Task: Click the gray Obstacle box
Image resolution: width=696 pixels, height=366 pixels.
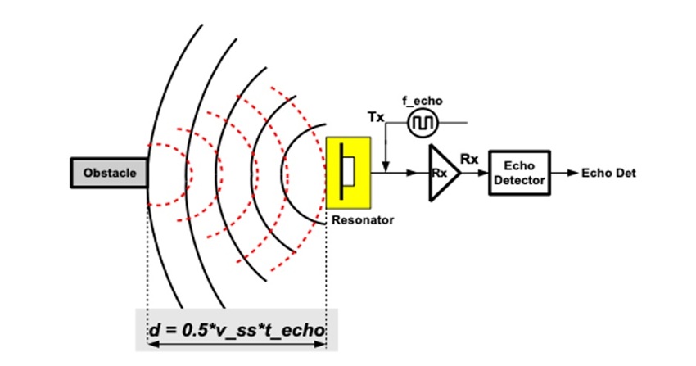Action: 109,173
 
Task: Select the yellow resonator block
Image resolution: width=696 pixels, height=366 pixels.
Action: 349,173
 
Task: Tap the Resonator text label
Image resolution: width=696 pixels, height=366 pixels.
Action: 363,220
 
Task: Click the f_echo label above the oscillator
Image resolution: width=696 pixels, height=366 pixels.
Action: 423,101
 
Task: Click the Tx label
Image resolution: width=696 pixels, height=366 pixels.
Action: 377,118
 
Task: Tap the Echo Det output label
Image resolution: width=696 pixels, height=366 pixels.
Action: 608,173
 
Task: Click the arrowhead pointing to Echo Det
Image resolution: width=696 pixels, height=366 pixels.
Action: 572,173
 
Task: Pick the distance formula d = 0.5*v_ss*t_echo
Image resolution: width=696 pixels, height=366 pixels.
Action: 237,330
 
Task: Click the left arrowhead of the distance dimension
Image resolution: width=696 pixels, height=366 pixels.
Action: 152,347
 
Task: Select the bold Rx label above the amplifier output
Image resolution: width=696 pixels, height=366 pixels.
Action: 469,159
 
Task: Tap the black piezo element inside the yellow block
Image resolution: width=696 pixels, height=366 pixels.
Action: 343,173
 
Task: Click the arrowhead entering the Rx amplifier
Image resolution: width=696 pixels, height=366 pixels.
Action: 423,173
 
